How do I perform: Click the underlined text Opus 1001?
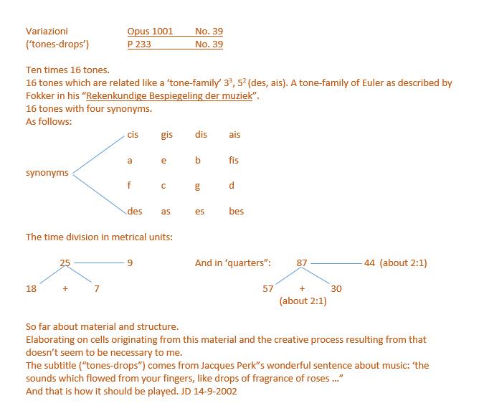click(x=150, y=32)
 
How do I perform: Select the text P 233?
click(x=139, y=44)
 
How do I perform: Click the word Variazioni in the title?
click(x=47, y=32)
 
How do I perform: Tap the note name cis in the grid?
click(x=133, y=135)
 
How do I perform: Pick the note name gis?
click(x=166, y=135)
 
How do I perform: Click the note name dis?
click(x=201, y=135)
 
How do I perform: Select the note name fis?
click(x=234, y=161)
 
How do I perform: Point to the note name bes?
click(x=236, y=212)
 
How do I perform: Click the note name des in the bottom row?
click(x=135, y=212)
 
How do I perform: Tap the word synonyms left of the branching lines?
click(x=47, y=173)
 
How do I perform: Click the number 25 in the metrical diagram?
click(x=65, y=263)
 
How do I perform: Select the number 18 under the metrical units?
click(x=31, y=288)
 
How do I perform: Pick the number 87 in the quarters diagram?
click(x=302, y=263)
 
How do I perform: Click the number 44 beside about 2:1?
click(x=369, y=263)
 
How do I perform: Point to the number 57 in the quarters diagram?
click(x=268, y=288)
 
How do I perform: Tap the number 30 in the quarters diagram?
click(x=336, y=288)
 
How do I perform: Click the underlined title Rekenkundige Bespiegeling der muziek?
click(x=169, y=96)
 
